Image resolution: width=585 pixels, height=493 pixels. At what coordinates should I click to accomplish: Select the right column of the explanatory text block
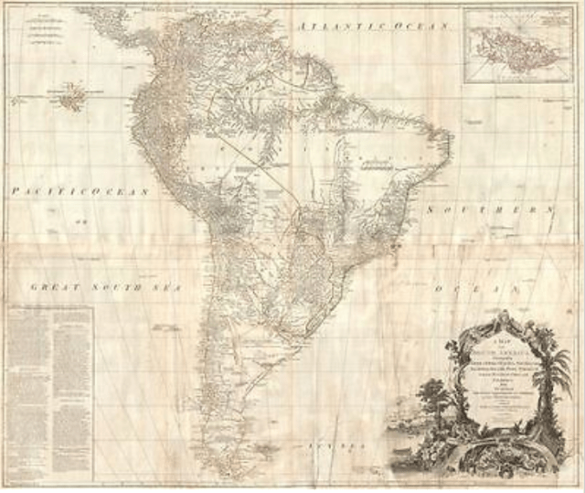point(74,384)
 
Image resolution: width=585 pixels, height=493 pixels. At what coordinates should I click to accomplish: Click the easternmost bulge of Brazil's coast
point(449,145)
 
